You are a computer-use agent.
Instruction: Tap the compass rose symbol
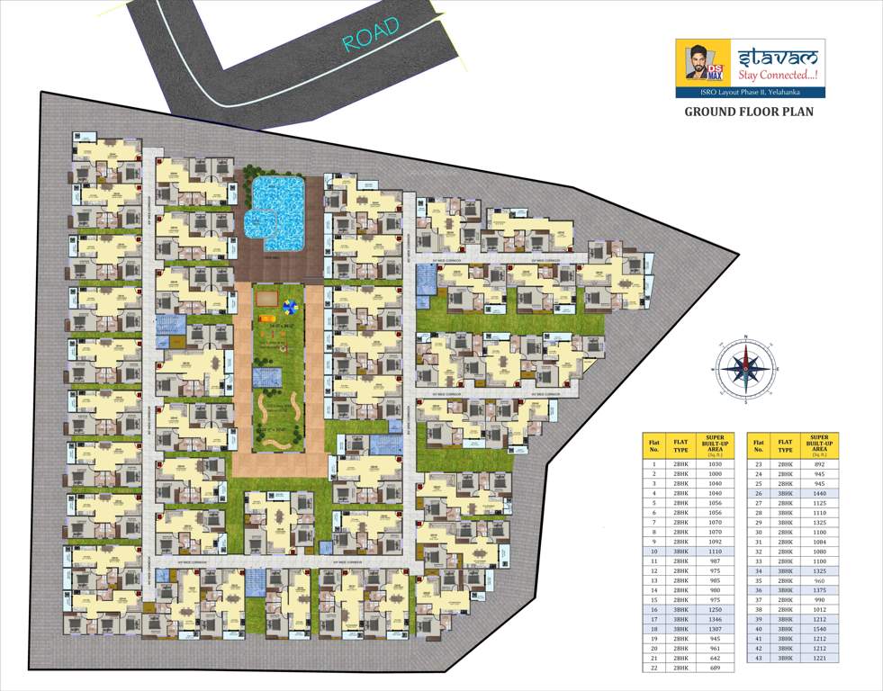tap(744, 366)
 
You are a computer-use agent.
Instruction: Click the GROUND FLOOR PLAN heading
tap(749, 112)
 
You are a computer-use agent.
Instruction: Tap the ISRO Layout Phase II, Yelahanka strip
tap(750, 92)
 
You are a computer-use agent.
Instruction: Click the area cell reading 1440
tap(819, 494)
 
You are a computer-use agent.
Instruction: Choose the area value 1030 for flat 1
tap(716, 463)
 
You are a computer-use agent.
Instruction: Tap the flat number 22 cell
tap(653, 669)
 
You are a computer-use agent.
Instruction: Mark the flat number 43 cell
tap(759, 658)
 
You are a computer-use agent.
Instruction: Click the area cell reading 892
tap(819, 463)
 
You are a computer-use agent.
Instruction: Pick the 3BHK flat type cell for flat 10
tap(681, 550)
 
